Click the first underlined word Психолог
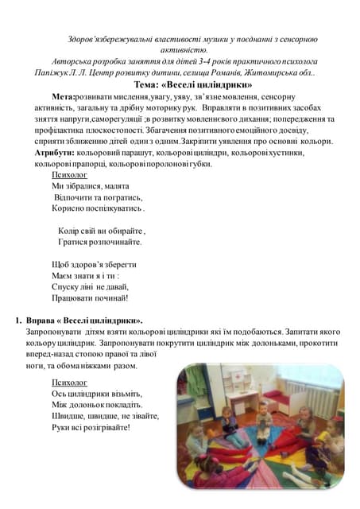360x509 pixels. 69,173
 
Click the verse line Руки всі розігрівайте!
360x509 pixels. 90,426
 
